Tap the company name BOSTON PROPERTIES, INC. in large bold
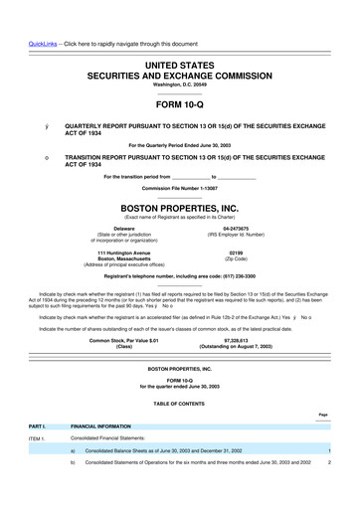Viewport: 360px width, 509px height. tap(180, 210)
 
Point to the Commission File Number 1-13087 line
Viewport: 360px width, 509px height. tap(180, 188)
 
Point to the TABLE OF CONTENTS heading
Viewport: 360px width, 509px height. tap(180, 401)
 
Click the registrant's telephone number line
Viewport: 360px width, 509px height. tap(180, 275)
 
